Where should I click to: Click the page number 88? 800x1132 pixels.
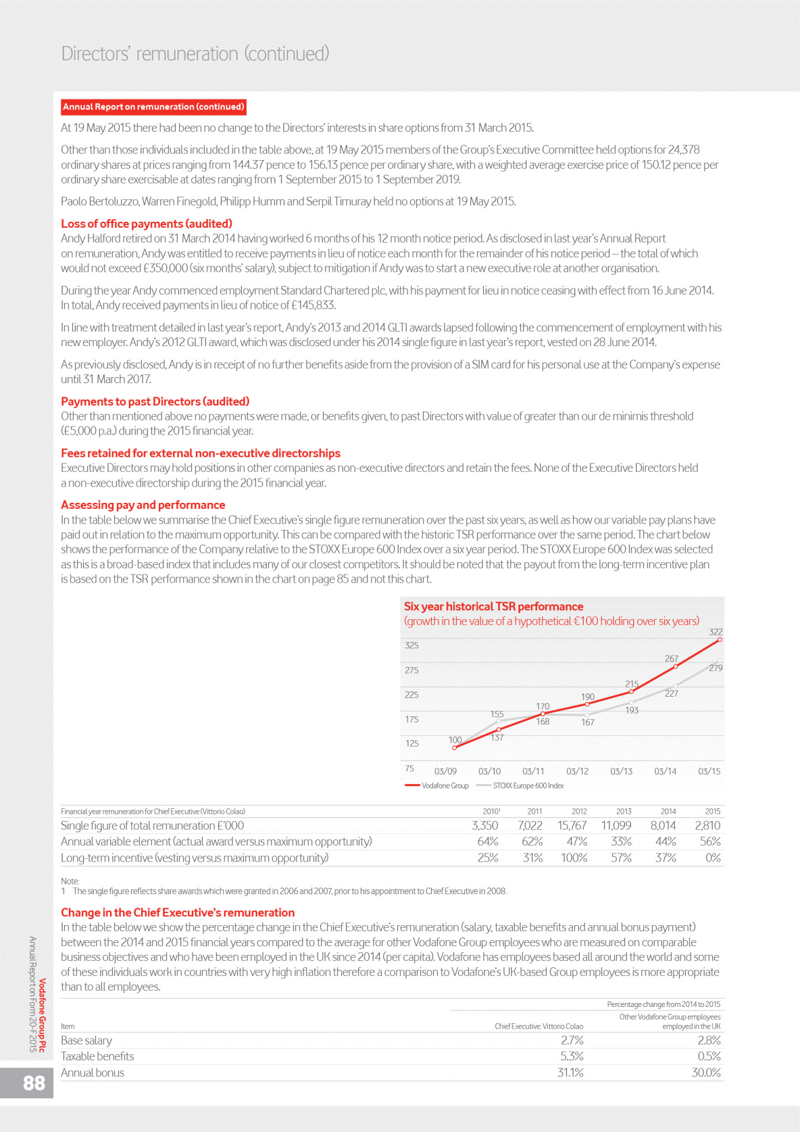34,1083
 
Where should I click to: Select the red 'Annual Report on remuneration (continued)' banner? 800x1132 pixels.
153,107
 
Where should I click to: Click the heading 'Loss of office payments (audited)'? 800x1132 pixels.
147,224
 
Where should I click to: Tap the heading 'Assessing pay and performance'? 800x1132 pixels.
143,505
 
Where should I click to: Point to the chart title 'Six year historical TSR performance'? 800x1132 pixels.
493,606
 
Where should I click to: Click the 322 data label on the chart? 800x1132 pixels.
716,632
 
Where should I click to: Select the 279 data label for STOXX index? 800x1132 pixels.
716,668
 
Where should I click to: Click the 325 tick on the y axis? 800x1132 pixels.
411,645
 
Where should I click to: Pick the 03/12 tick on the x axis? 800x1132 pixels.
577,771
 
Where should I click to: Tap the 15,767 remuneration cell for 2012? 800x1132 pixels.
572,825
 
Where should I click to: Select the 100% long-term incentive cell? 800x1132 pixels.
574,858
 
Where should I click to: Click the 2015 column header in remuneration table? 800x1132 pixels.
712,811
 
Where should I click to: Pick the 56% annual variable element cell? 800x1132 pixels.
710,841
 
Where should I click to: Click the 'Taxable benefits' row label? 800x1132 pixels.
97,1056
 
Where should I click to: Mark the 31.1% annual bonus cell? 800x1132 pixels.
570,1073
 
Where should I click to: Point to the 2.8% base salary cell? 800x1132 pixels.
709,1040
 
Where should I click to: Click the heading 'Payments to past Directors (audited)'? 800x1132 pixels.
155,401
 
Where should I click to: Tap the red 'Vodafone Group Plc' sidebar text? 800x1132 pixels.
43,1015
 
